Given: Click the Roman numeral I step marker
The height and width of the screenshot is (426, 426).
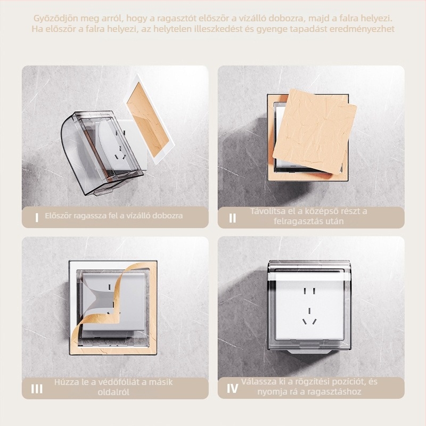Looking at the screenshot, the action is (37, 218).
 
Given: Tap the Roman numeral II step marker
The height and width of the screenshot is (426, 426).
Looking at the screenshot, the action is (233, 218).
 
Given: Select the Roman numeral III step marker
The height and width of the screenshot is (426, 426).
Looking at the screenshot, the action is (37, 389).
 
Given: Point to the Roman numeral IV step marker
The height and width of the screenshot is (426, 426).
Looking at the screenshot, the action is (233, 389).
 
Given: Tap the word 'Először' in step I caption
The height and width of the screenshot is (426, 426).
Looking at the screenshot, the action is (59, 216).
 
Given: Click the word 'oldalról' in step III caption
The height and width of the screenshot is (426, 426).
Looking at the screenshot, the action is (113, 392).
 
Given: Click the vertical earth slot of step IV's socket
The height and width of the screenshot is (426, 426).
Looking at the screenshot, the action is (309, 310).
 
